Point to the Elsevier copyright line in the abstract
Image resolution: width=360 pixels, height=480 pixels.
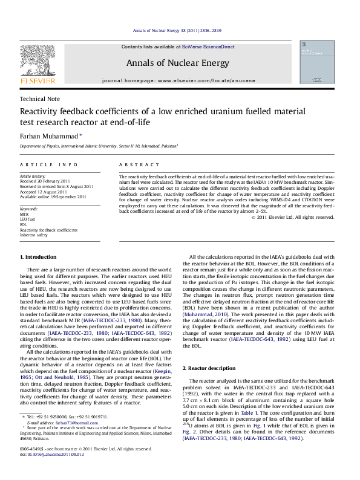[292, 217]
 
